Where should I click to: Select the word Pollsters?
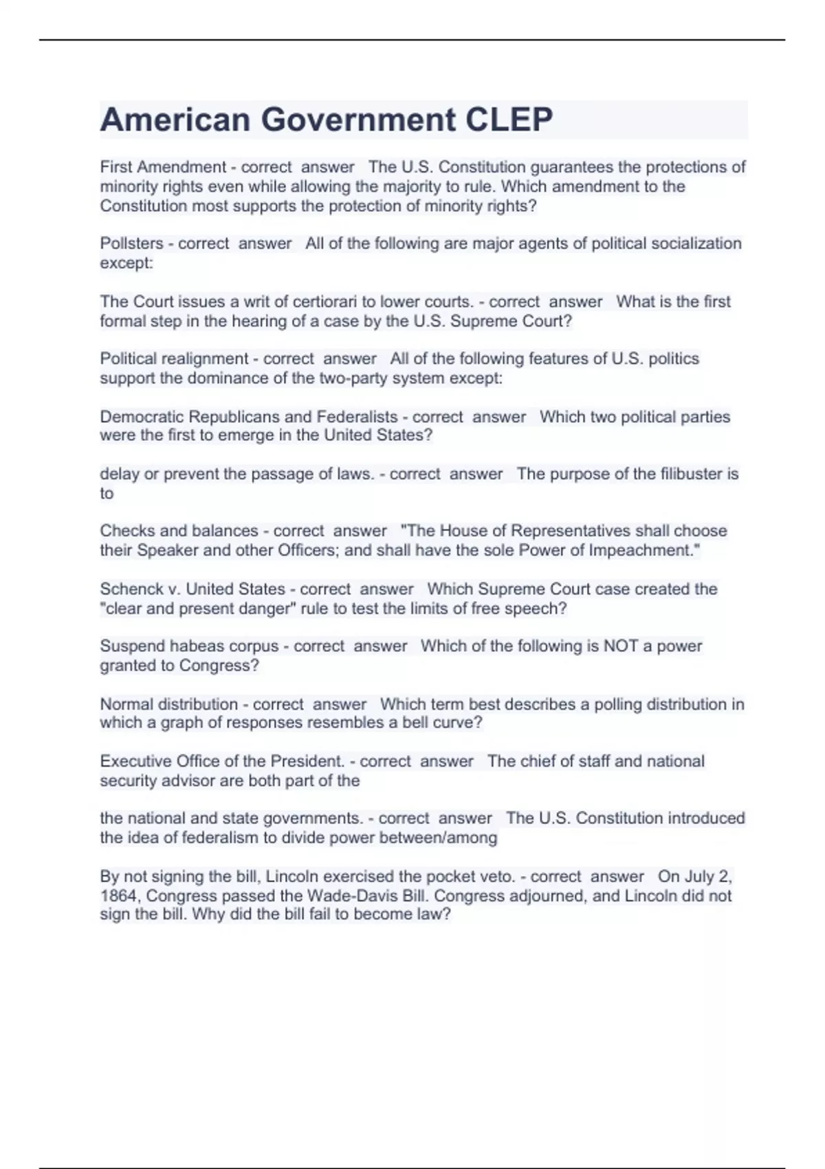(131, 243)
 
